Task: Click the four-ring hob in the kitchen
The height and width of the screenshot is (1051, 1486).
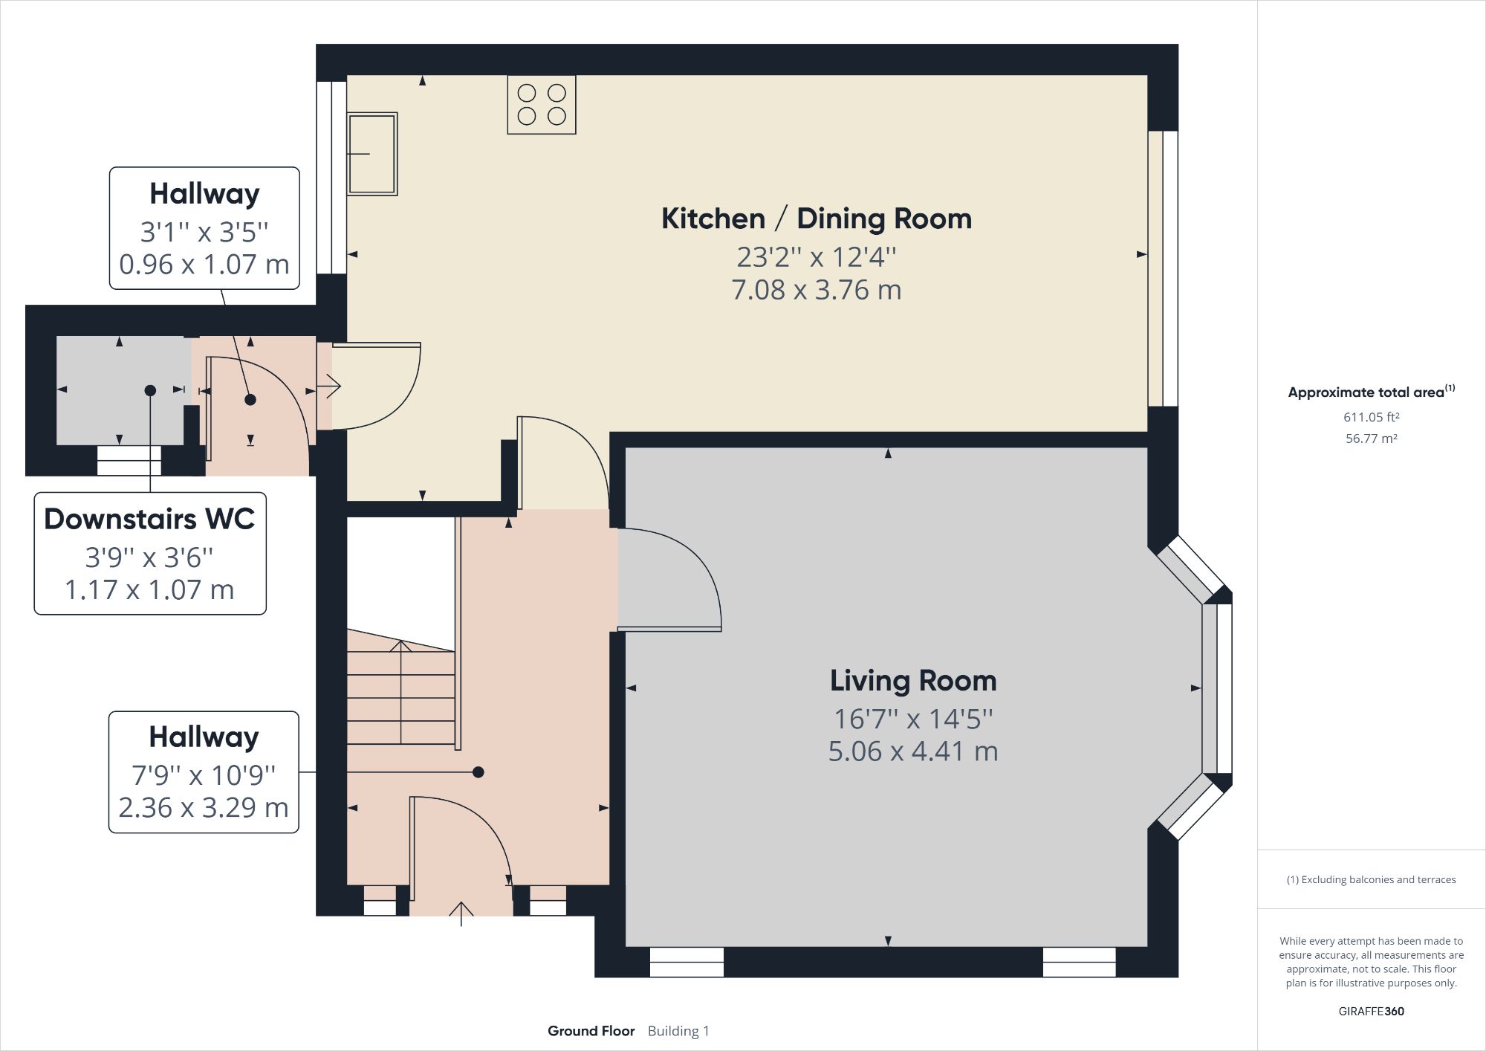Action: (541, 105)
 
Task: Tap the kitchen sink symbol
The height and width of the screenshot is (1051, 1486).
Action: (372, 154)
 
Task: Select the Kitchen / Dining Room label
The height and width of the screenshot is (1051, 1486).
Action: (816, 219)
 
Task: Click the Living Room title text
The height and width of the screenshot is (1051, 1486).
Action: (912, 681)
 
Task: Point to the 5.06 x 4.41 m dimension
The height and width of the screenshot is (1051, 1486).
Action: (912, 751)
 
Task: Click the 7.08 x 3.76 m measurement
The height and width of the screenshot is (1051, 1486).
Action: (816, 290)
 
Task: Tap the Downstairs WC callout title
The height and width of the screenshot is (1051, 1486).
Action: (149, 519)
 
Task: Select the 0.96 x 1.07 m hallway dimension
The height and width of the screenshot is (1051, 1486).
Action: (204, 265)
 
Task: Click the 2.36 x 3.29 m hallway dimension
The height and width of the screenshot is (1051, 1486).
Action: (204, 808)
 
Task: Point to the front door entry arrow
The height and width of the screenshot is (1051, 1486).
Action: (461, 913)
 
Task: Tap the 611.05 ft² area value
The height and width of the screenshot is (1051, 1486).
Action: (1371, 418)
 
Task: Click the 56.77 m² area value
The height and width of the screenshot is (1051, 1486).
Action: (1371, 439)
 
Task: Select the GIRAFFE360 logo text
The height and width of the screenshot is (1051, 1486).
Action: (1371, 1012)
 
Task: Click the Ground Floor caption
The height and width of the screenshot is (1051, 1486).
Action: (591, 1031)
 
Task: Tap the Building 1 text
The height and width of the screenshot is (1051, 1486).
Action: (678, 1031)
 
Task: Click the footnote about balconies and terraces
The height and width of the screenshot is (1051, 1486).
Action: (1371, 880)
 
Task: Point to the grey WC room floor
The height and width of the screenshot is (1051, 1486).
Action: (97, 416)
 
